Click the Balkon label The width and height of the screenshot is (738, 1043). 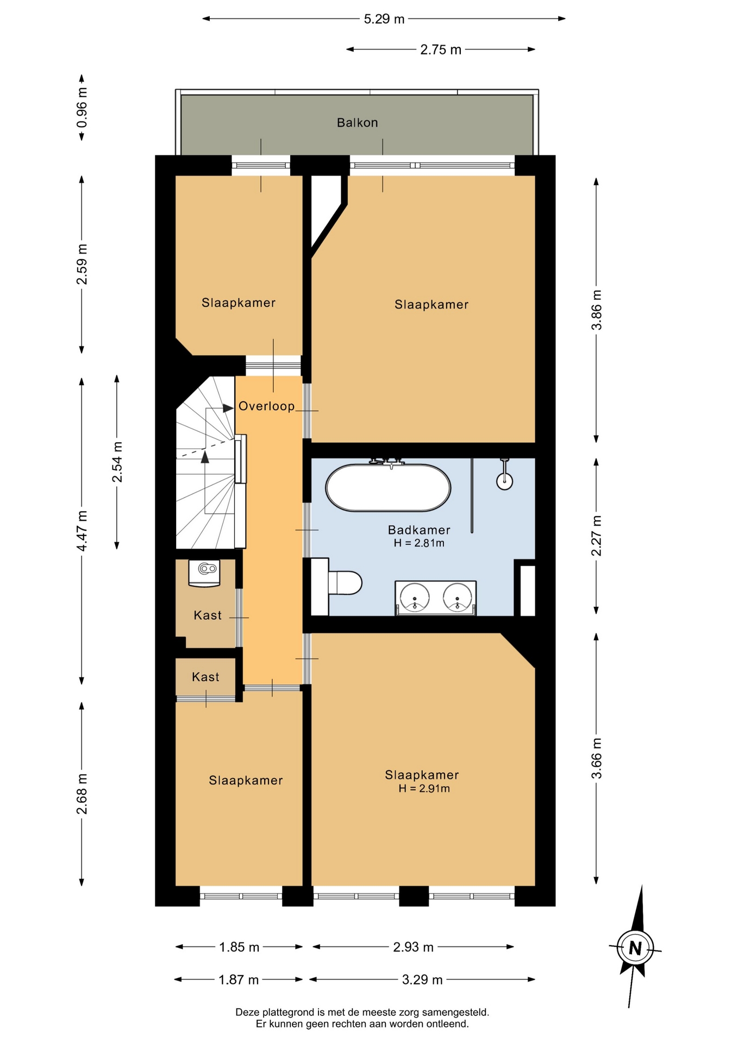pyautogui.click(x=357, y=122)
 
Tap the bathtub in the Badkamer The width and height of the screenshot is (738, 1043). pyautogui.click(x=388, y=487)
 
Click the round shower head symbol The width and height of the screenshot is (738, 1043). pyautogui.click(x=505, y=480)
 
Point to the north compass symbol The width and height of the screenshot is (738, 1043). pyautogui.click(x=635, y=948)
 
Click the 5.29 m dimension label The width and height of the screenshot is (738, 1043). pyautogui.click(x=384, y=19)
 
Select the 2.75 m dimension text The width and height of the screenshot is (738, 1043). pyautogui.click(x=441, y=49)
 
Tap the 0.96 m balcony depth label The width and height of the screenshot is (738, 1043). pyautogui.click(x=82, y=108)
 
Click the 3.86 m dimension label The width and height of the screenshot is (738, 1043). pyautogui.click(x=597, y=310)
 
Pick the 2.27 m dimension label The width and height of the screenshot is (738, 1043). pyautogui.click(x=597, y=536)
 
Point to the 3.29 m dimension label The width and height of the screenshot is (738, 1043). pyautogui.click(x=422, y=979)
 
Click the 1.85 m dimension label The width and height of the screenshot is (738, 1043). pyautogui.click(x=239, y=947)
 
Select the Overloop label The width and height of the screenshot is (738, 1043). pyautogui.click(x=267, y=406)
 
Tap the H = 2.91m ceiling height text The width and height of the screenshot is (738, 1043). pyautogui.click(x=424, y=788)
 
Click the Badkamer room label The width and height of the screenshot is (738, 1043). pyautogui.click(x=419, y=530)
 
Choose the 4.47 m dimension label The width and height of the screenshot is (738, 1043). pyautogui.click(x=82, y=531)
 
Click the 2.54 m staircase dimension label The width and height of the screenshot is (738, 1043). pyautogui.click(x=117, y=462)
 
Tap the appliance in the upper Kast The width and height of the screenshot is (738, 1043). pyautogui.click(x=204, y=573)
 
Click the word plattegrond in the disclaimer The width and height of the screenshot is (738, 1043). pyautogui.click(x=287, y=1012)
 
